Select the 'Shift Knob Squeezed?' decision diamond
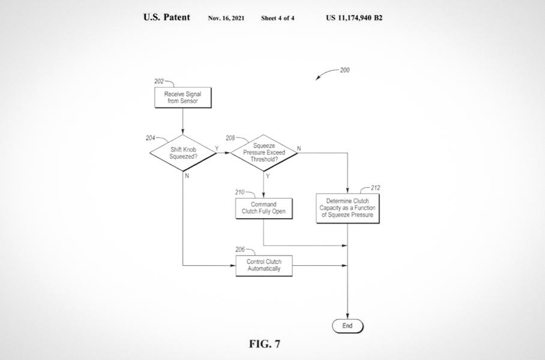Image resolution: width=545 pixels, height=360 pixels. coord(183,153)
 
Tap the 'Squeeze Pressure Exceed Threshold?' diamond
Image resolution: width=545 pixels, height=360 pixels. coord(264,153)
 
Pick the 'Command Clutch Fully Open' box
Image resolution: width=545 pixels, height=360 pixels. coord(263,208)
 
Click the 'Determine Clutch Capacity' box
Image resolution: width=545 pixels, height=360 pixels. coord(348,208)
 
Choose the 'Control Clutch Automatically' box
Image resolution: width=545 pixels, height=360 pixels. coord(263,265)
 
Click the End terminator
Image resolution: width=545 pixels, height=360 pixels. coord(348,326)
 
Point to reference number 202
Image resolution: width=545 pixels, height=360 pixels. coord(159,81)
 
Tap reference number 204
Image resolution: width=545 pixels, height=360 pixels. coord(150,138)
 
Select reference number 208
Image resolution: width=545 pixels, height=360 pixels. coord(230,138)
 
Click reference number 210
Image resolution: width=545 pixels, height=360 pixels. coord(239,193)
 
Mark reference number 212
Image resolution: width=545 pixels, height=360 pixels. coord(376,188)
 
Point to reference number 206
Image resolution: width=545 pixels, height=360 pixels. coord(239,250)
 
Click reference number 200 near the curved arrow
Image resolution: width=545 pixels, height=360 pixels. coord(345,70)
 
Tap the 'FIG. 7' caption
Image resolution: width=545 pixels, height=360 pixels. coord(265,344)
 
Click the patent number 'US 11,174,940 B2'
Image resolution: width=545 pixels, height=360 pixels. coord(354,17)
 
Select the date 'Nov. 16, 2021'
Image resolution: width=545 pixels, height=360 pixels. coord(226,18)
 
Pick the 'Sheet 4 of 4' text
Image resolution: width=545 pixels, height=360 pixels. coord(277,18)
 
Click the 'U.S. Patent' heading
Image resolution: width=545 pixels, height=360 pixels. coord(166,17)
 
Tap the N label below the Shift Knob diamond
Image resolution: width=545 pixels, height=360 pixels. coord(187,176)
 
